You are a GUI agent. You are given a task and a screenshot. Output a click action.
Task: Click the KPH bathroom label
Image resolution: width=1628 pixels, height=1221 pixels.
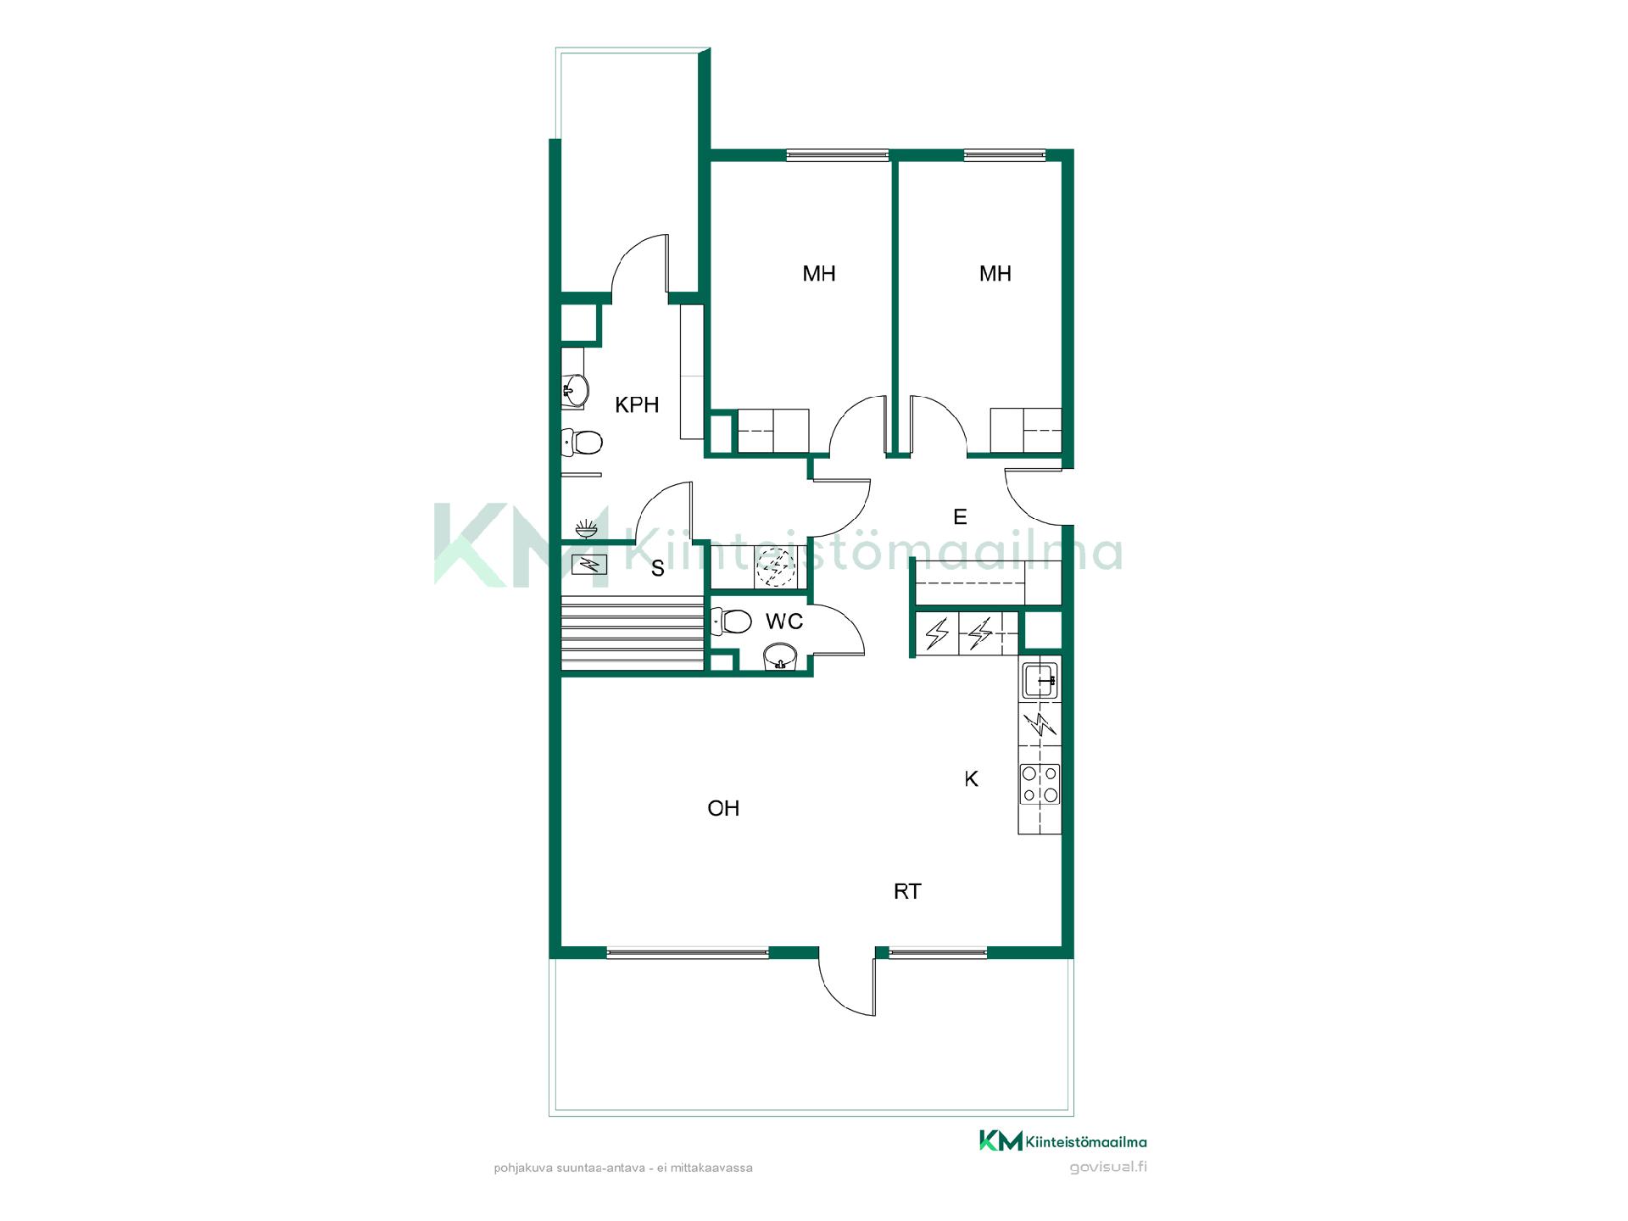click(637, 405)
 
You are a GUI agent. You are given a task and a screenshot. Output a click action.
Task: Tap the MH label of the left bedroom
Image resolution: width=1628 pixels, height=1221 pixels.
click(819, 274)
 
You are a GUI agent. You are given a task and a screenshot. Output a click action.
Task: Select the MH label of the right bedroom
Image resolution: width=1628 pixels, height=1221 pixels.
click(995, 274)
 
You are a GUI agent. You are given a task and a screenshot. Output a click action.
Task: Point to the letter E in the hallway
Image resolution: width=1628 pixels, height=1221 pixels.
click(960, 517)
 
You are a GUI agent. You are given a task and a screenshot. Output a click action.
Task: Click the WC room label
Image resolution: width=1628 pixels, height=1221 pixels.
click(784, 622)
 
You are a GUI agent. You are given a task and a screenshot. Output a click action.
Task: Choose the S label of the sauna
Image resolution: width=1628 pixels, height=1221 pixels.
click(658, 569)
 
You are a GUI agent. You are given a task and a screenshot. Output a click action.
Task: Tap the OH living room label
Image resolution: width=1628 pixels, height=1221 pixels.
click(723, 809)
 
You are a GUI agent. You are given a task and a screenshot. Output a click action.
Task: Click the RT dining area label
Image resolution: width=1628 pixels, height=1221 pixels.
click(907, 891)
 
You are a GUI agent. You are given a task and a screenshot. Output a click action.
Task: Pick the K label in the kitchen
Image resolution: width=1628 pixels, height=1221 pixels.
click(972, 779)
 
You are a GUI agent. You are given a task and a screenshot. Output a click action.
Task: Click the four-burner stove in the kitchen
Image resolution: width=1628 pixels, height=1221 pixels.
click(1040, 783)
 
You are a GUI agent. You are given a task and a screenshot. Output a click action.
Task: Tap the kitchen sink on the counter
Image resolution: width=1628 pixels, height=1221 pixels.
click(1040, 679)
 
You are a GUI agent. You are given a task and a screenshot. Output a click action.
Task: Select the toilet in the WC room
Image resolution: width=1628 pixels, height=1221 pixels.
click(731, 622)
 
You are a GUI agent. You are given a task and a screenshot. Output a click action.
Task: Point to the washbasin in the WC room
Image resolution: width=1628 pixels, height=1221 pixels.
click(780, 657)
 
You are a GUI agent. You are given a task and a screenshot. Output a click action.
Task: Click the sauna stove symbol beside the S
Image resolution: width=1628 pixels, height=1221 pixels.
click(589, 564)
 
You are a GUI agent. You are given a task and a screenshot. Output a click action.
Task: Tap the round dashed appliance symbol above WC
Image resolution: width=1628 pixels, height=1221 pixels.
click(772, 567)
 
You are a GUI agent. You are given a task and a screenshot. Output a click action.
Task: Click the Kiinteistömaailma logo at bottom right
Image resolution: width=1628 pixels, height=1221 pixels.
click(1063, 1141)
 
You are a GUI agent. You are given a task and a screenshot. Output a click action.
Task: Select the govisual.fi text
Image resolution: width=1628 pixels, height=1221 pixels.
click(1108, 1167)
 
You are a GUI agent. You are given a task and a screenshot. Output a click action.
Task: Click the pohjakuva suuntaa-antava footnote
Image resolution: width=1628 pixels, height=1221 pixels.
click(623, 1168)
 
